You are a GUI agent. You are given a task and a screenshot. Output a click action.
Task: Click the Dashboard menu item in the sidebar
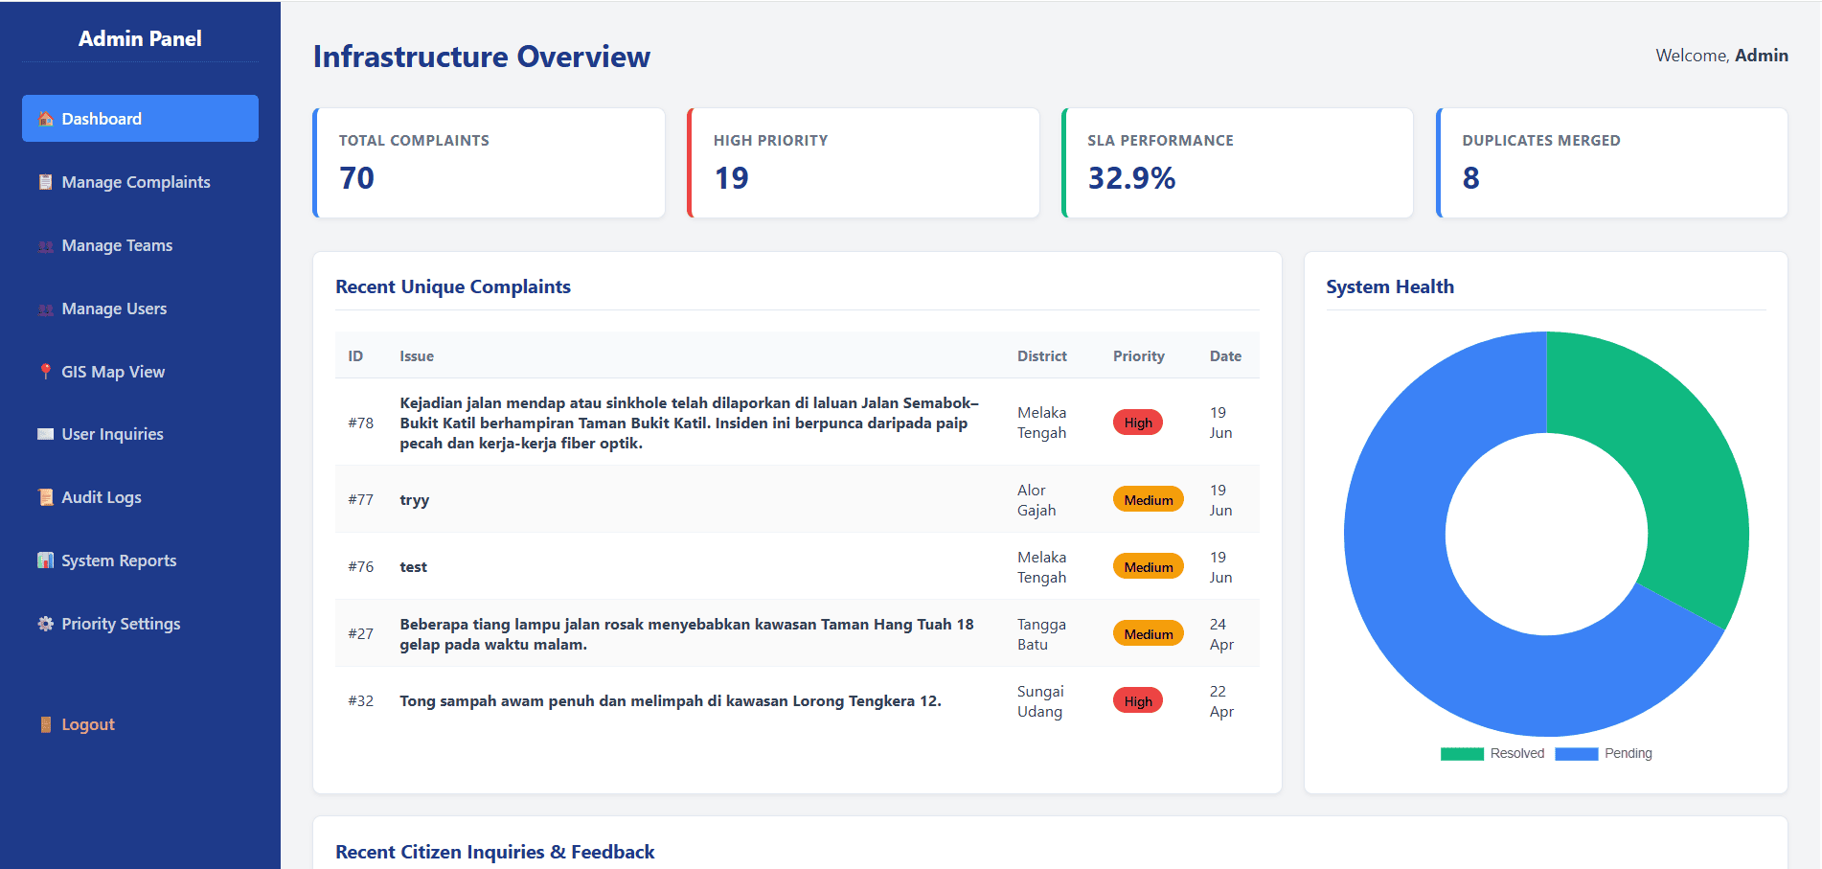coord(140,119)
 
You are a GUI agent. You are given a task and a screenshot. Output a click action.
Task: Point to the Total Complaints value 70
coord(356,178)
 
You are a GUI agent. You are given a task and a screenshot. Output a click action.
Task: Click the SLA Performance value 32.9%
coord(1131,178)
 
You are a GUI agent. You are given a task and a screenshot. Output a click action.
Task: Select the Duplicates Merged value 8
coord(1470,178)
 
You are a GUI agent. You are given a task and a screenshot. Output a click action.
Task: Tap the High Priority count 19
coord(731,178)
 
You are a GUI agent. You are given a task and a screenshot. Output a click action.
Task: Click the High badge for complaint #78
coord(1138,423)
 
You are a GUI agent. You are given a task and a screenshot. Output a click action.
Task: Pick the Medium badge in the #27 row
coord(1149,634)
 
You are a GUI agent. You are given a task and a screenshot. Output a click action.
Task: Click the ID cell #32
coord(361,701)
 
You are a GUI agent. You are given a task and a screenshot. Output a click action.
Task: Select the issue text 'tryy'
coord(415,500)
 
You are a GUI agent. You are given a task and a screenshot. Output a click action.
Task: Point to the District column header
coord(1042,356)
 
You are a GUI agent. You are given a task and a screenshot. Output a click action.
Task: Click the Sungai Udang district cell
coord(1040,701)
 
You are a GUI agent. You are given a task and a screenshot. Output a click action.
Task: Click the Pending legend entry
coord(1604,754)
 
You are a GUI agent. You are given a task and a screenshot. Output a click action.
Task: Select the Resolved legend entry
coord(1492,754)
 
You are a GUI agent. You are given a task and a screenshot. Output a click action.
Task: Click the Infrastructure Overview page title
coord(482,57)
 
